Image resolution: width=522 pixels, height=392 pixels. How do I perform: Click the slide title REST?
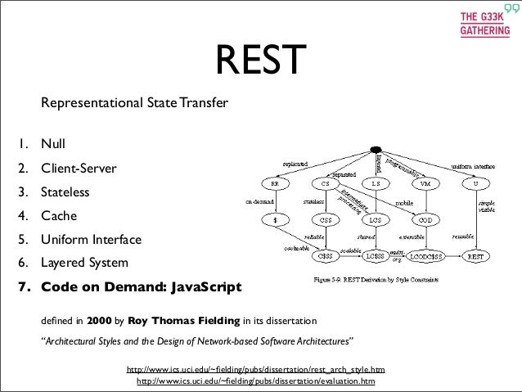tap(259, 60)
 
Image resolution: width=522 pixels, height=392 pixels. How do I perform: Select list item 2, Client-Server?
tap(79, 170)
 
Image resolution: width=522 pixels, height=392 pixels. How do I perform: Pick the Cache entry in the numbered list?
tap(58, 218)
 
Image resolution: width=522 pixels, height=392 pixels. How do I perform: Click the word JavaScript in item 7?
tap(201, 288)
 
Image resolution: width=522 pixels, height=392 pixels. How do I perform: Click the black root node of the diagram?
tap(376, 150)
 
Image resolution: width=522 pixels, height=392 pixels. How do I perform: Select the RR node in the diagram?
tap(276, 183)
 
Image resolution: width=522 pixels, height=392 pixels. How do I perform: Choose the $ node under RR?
tap(276, 219)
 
